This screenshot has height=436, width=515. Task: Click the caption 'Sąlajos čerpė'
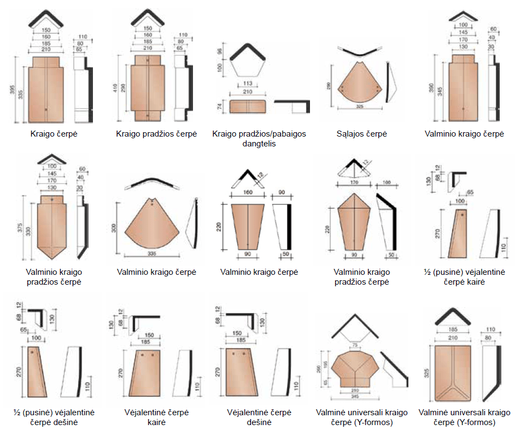[x=361, y=134]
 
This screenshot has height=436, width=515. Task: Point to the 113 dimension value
[x=247, y=84]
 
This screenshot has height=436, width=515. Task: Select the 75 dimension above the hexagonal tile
[x=355, y=345]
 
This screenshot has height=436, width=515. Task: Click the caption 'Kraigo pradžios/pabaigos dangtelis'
[x=259, y=139]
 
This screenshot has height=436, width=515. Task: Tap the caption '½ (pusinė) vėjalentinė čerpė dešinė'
[x=51, y=417]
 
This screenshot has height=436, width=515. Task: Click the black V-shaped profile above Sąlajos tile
[x=360, y=54]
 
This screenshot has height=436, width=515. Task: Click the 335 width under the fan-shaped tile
[x=153, y=254]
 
